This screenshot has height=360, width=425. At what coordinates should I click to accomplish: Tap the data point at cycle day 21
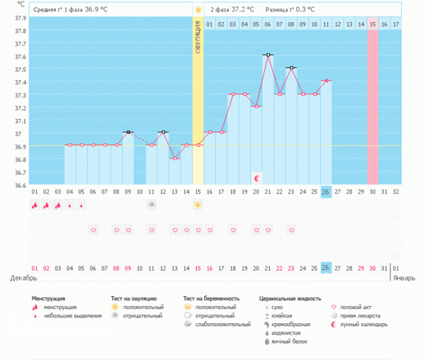(268, 55)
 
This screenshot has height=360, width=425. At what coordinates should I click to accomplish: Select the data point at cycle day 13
(174, 158)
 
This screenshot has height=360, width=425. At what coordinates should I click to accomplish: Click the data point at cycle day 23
(291, 67)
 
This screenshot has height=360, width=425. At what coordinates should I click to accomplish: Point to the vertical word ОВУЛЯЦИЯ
(198, 35)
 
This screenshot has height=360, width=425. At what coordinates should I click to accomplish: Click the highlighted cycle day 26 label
(326, 192)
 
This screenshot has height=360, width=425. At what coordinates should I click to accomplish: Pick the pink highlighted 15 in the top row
(373, 25)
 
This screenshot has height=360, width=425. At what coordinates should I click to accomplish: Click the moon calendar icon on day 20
(257, 176)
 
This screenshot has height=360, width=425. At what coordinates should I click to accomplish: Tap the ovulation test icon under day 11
(152, 205)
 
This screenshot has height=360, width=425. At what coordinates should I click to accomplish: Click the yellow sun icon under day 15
(198, 205)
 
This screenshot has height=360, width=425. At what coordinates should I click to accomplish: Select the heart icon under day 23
(291, 230)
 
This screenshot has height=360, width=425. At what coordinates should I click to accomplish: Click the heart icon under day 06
(93, 230)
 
